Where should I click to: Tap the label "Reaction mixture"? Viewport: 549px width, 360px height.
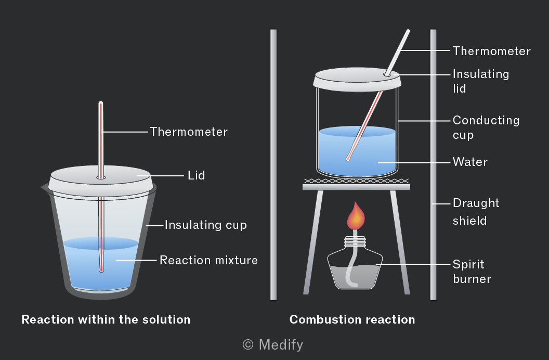point(208,260)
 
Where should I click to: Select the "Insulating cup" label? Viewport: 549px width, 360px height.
point(206,225)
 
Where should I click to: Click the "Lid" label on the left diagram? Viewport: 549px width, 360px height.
point(196,175)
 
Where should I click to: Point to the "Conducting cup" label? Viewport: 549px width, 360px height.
point(486,127)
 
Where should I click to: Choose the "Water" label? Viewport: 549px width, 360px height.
point(470,162)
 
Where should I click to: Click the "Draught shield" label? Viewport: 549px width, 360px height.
point(476,212)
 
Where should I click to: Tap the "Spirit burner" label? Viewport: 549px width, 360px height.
point(472,272)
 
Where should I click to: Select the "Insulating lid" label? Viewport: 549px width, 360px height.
point(481,81)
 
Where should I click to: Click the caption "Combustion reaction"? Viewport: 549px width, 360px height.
point(352,319)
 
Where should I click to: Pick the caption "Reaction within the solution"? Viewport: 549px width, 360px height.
point(106,319)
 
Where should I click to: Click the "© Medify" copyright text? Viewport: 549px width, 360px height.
point(273,344)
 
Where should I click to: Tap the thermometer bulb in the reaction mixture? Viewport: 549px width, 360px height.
point(101,269)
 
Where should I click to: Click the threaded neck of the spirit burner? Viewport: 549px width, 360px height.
point(355,241)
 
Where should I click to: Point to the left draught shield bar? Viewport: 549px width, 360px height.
point(273,164)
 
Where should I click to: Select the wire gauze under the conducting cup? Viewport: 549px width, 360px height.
point(357,181)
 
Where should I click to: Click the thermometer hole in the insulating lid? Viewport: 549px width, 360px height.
point(387,74)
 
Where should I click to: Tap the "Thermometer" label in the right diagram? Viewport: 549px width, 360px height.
point(492,51)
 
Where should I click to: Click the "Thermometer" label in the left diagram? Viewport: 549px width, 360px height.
point(189,132)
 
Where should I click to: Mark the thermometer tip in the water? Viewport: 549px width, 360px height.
point(348,159)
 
